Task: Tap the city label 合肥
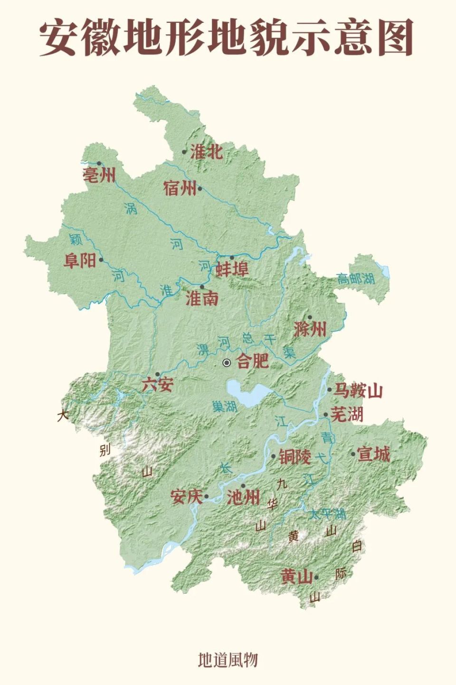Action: pos(253,361)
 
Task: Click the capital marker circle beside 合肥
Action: pos(227,363)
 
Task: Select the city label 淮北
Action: pos(206,152)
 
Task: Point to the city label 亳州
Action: pos(99,175)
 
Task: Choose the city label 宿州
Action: pos(179,188)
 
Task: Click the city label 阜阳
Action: pos(80,261)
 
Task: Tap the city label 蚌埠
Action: pos(232,269)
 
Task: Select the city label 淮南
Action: pos(202,298)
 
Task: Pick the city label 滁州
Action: pos(310,329)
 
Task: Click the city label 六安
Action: pos(157,384)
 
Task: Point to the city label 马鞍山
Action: pos(358,391)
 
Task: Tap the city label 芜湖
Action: pos(347,414)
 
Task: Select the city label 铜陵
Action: pos(294,457)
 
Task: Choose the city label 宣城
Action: pos(373,454)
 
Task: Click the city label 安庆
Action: pos(186,497)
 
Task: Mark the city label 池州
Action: pos(243,498)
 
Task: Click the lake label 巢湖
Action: pos(224,406)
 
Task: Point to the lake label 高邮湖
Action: pos(356,279)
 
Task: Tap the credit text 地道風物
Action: pos(228,660)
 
